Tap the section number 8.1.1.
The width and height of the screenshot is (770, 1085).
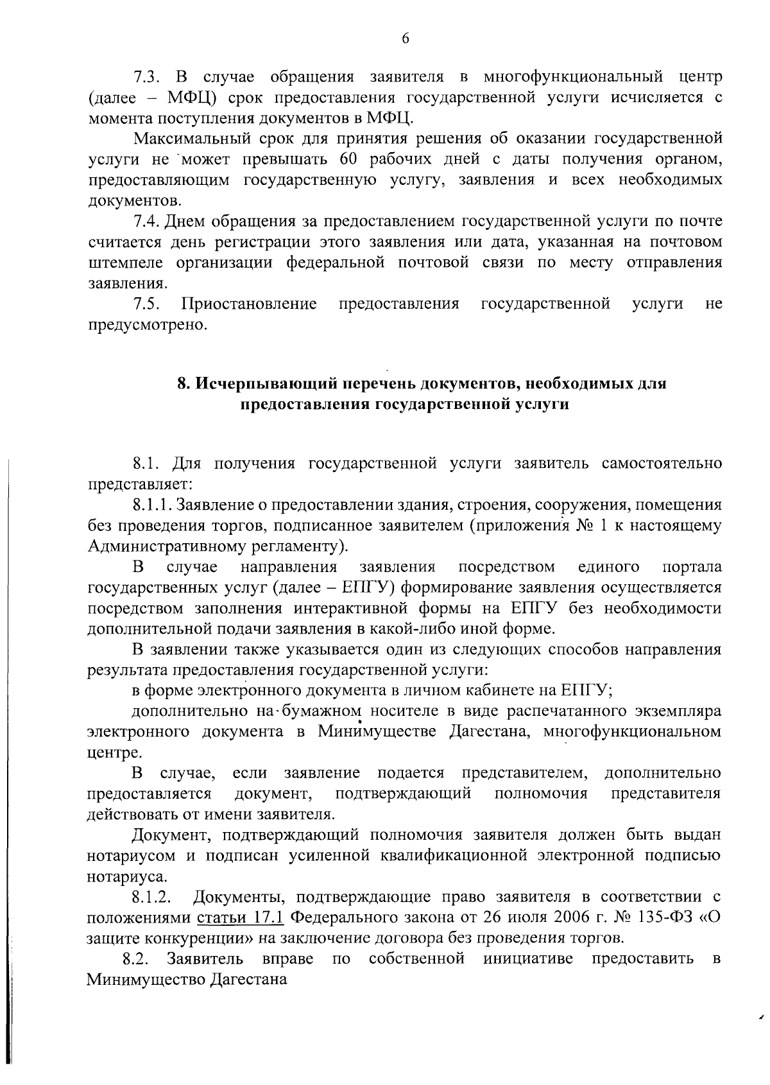click(153, 505)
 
